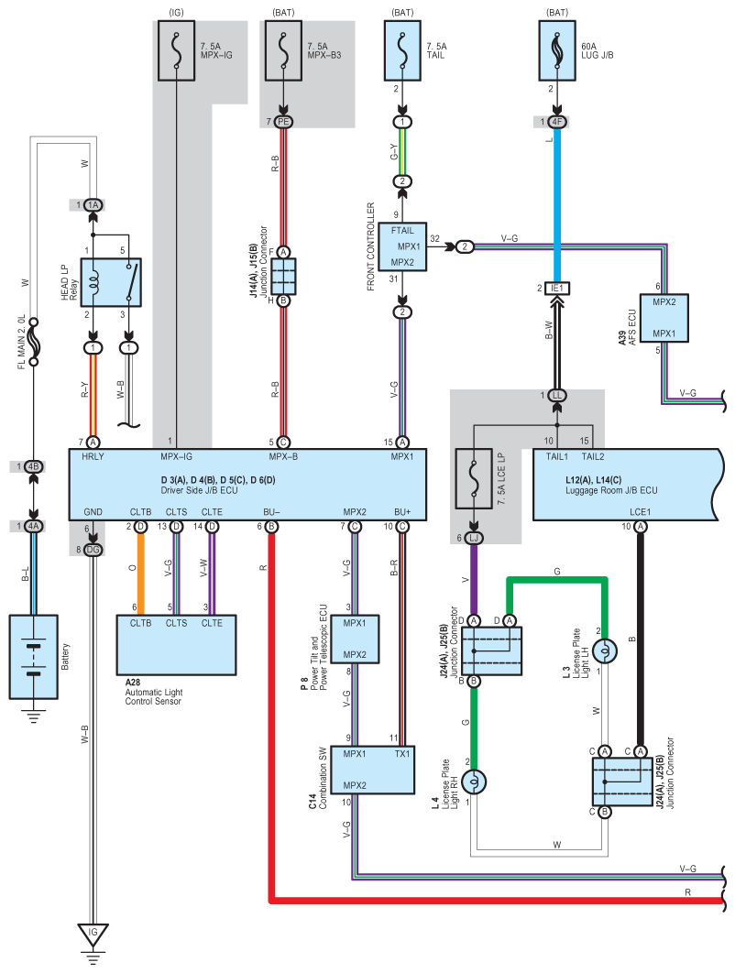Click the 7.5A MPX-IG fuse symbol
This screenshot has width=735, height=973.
(x=177, y=51)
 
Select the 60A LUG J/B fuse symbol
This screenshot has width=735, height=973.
(x=556, y=51)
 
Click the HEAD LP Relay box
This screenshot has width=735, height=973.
(x=111, y=281)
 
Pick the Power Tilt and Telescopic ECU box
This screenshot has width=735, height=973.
(x=355, y=639)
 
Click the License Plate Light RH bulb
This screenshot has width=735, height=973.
(x=474, y=782)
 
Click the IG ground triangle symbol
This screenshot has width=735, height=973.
(x=92, y=935)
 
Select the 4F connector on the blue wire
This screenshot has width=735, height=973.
(x=556, y=122)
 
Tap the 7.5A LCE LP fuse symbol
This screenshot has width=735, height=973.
(x=474, y=480)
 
